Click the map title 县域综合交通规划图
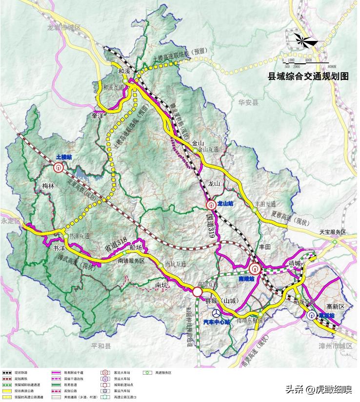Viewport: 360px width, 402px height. (308, 76)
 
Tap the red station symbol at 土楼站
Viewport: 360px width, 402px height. (58, 167)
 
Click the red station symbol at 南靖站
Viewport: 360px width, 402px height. (254, 268)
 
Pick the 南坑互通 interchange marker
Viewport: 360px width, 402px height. (160, 266)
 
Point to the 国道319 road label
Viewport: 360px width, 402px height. (210, 224)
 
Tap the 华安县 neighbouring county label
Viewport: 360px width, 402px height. (248, 102)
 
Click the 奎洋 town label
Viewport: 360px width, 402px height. (98, 116)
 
